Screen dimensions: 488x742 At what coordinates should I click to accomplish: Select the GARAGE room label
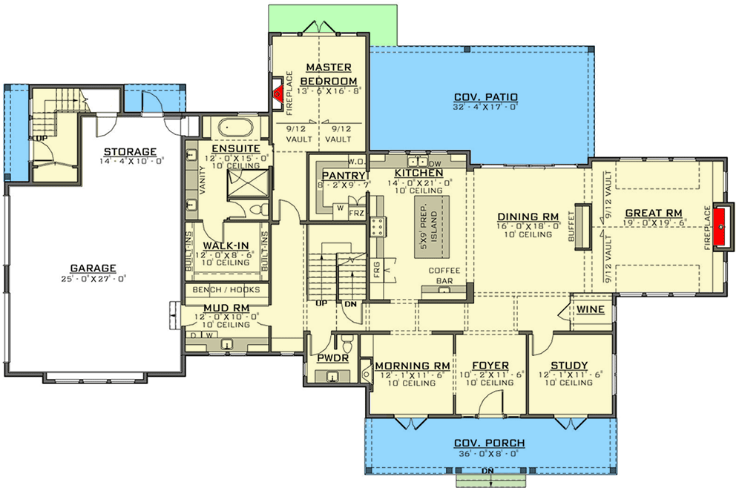pyautogui.click(x=93, y=268)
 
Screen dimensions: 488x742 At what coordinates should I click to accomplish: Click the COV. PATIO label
pyautogui.click(x=485, y=97)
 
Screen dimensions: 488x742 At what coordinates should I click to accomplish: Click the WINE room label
pyautogui.click(x=590, y=309)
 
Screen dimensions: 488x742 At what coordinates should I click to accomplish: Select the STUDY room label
pyautogui.click(x=569, y=366)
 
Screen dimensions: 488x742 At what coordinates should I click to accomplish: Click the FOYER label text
pyautogui.click(x=490, y=366)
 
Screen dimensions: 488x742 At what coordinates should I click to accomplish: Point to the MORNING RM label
pyautogui.click(x=413, y=366)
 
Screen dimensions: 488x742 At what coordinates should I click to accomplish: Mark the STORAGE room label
pyautogui.click(x=130, y=151)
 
